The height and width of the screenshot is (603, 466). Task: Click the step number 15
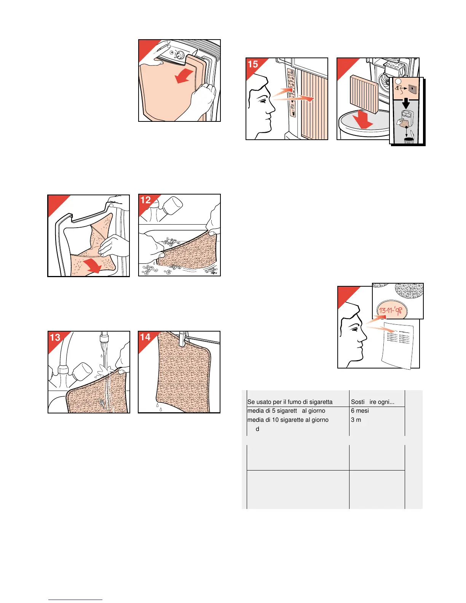point(253,64)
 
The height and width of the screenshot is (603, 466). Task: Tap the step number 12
point(145,200)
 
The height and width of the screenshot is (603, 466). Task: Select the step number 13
point(55,337)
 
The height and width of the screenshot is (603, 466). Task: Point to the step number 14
point(145,337)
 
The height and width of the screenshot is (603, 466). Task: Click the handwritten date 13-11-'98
point(391,311)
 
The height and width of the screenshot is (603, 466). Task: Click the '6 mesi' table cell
point(360,411)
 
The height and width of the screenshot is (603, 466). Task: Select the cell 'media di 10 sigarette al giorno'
point(288,420)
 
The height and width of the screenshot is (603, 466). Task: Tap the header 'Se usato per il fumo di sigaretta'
point(290,402)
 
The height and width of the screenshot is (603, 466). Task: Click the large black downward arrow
point(406,103)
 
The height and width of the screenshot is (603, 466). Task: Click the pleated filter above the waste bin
point(362,93)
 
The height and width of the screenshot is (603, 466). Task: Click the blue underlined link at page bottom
point(75,600)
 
